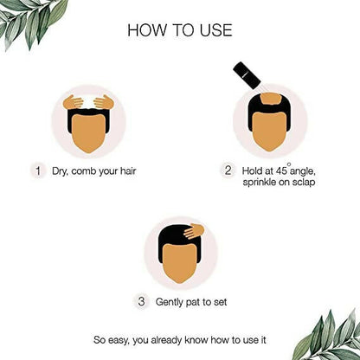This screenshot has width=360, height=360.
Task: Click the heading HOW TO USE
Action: click(180, 30)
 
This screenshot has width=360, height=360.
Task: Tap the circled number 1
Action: click(37, 170)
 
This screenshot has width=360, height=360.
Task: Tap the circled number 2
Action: click(228, 170)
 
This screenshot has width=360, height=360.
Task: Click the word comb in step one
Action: click(88, 171)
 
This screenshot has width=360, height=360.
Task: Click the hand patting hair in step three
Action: click(191, 232)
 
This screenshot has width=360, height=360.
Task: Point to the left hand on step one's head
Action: click(74, 101)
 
